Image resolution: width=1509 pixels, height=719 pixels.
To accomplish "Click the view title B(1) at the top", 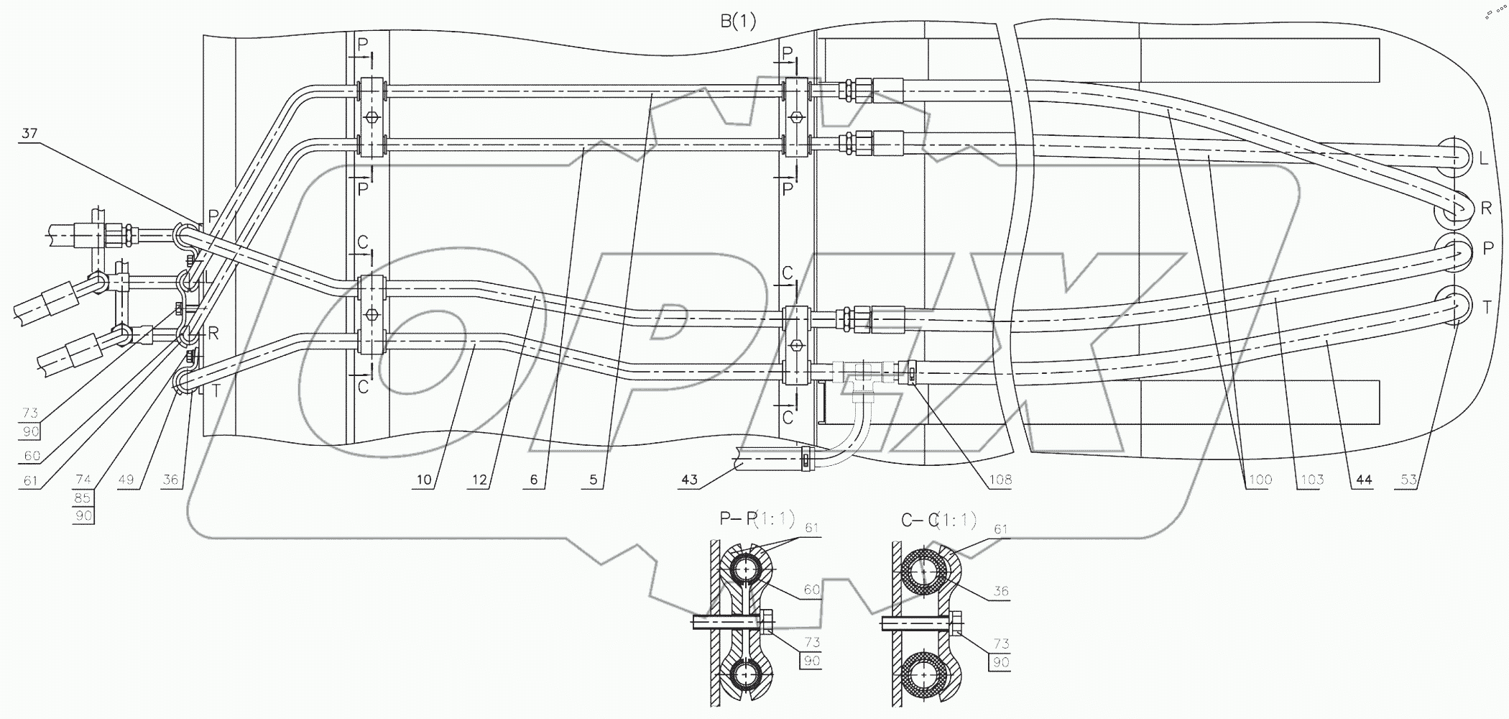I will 739,22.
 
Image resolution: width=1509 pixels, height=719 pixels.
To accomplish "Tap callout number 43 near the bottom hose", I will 689,480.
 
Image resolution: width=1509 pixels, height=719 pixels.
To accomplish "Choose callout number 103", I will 1311,480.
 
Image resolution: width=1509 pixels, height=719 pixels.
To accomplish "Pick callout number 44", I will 1363,480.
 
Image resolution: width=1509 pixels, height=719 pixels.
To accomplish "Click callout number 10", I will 424,480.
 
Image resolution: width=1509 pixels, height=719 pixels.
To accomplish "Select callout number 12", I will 479,480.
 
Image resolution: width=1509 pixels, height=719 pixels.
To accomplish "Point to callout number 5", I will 594,480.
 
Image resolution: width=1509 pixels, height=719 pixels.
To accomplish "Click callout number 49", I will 126,480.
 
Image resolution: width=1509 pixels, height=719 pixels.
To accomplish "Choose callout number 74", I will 83,480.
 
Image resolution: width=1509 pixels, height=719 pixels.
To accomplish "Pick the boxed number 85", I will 83,498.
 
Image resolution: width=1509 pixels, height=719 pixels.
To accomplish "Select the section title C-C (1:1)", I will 939,518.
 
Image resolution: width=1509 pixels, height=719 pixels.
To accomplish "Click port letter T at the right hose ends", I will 1487,307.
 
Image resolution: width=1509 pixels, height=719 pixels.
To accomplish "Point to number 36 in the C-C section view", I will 1000,592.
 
